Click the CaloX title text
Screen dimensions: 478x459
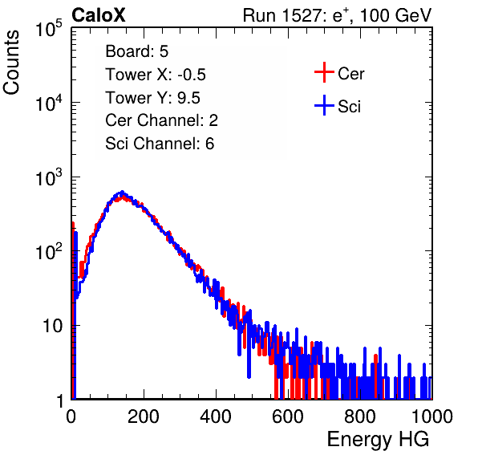(99, 15)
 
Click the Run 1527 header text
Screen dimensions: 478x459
(337, 15)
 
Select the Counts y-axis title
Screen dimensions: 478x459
(11, 63)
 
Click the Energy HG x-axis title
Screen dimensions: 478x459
(378, 440)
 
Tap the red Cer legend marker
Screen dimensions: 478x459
(324, 72)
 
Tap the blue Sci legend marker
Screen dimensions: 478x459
(324, 106)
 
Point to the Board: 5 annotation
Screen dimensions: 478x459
(137, 51)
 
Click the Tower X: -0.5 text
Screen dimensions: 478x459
(156, 75)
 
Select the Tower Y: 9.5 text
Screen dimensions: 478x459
(152, 98)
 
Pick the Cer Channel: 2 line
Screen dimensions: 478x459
(161, 120)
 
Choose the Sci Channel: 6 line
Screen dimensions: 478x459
(160, 144)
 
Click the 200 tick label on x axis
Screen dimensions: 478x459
(144, 416)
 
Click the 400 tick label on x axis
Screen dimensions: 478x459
(216, 416)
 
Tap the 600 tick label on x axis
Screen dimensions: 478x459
(288, 416)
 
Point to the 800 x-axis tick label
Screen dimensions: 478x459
(360, 416)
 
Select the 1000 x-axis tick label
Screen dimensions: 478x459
(432, 416)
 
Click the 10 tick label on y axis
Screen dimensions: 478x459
(52, 326)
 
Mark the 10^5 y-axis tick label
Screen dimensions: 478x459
(49, 28)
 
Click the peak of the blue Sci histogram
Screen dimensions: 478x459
(122, 192)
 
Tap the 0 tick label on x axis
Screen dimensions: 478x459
(71, 416)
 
